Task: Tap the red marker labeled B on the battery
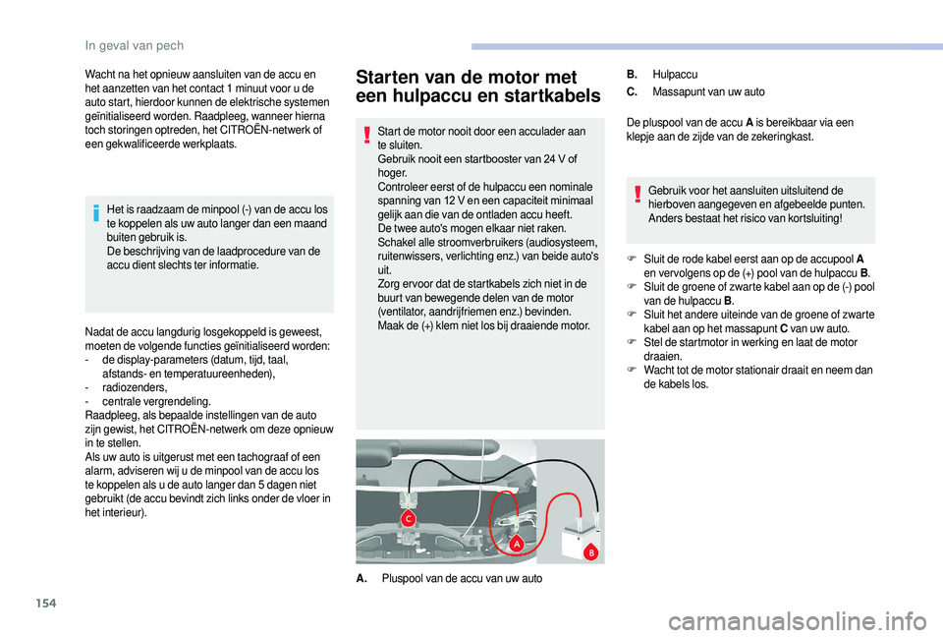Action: coord(591,553)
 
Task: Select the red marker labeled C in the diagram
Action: coord(407,517)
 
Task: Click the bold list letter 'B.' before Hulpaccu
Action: coord(632,74)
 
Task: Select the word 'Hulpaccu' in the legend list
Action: coord(675,74)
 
